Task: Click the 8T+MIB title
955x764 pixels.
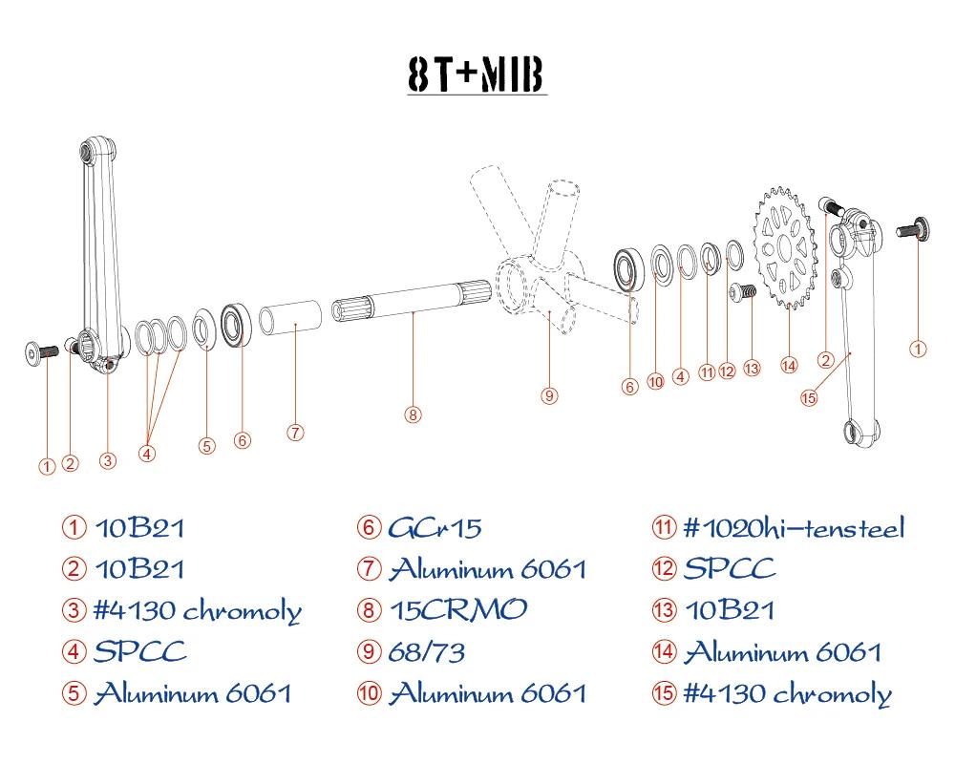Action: coord(476,74)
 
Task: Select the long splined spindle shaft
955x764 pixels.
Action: coord(411,301)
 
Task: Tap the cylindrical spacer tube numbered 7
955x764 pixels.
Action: coord(290,317)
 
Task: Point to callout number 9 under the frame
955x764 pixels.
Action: coord(549,396)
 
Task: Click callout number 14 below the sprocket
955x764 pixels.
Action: coord(789,366)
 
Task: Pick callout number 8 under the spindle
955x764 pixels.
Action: coord(413,414)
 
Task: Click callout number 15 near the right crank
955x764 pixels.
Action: coord(808,398)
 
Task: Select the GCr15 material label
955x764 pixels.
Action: coord(435,527)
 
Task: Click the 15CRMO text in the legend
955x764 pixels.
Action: coord(458,610)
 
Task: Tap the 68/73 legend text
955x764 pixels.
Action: coord(427,652)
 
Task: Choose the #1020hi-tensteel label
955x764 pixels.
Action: coord(795,527)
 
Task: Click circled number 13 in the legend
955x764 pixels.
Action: coord(664,610)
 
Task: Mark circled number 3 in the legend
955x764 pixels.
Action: coord(74,610)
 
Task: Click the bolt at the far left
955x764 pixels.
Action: coord(41,353)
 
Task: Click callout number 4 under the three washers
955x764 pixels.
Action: coord(147,454)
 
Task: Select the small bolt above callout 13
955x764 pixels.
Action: coord(742,292)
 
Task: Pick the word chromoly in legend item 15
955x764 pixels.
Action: coord(832,694)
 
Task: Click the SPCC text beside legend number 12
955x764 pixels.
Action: coord(730,568)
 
